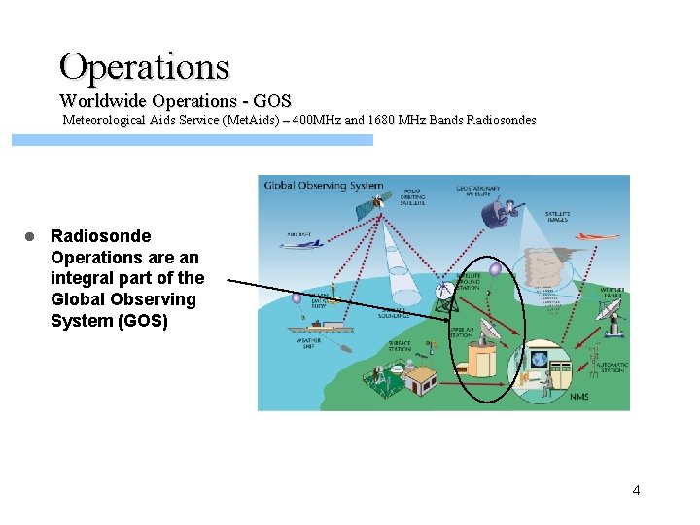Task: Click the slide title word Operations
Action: pos(144,66)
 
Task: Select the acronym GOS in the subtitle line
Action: pos(273,101)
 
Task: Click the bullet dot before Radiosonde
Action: pos(30,236)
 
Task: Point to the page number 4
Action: pos(636,490)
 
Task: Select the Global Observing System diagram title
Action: pos(324,186)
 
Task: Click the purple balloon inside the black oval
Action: pos(495,270)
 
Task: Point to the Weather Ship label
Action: pos(308,343)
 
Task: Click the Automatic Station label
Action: pos(612,367)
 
